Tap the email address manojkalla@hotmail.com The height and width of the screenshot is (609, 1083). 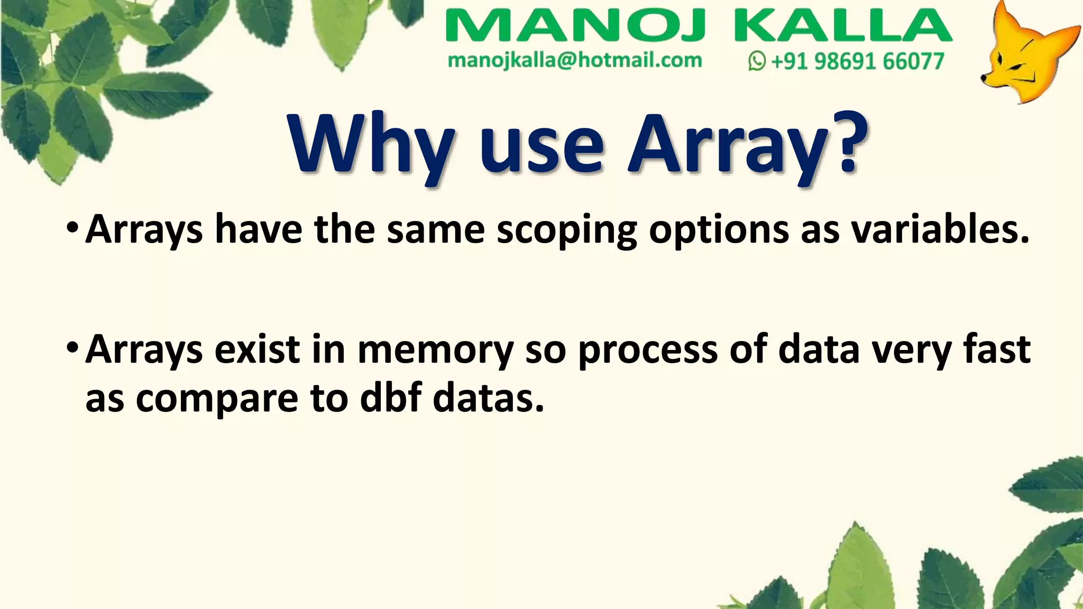point(575,61)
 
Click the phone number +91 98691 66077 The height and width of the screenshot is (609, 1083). point(857,61)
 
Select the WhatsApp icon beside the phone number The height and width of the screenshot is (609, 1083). point(757,61)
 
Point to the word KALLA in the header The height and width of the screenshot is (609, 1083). point(843,26)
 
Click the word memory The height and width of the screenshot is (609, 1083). point(435,350)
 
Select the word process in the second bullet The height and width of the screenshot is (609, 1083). point(648,350)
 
